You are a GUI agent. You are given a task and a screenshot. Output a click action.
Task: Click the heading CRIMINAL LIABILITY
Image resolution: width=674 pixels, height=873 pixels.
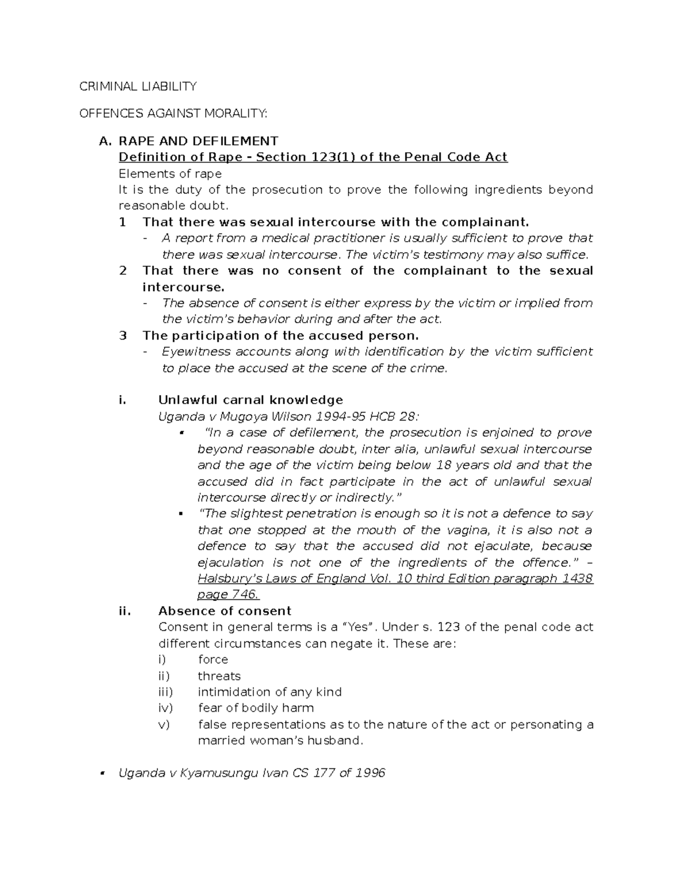[x=138, y=86]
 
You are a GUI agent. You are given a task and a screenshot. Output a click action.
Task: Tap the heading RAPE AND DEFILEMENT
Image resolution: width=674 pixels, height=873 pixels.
[x=198, y=141]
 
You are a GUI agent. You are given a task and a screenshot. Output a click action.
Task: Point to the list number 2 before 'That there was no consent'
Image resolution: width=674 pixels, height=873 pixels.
[x=124, y=270]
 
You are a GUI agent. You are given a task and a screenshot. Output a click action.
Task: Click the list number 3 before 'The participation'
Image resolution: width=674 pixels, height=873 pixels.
[x=124, y=336]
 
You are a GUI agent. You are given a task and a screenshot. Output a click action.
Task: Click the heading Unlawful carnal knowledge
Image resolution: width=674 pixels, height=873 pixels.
[x=251, y=400]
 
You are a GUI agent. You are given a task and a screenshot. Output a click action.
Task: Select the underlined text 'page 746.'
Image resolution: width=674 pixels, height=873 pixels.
[x=228, y=595]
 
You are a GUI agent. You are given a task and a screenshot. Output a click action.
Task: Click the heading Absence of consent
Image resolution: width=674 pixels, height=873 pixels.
[x=225, y=611]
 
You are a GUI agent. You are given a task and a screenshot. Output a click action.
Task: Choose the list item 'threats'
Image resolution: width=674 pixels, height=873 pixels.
[x=219, y=676]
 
